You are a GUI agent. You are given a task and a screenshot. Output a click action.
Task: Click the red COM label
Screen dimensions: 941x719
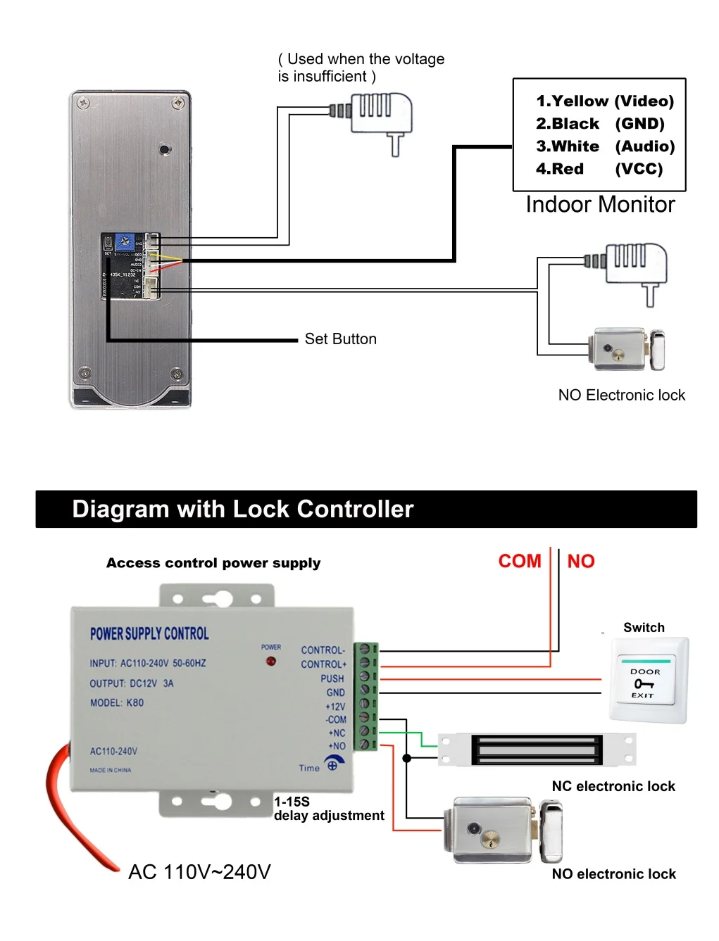tap(520, 561)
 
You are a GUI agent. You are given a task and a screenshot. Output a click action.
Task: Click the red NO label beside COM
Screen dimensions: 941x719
tap(581, 561)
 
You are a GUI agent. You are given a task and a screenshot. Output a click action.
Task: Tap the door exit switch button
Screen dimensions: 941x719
tap(646, 681)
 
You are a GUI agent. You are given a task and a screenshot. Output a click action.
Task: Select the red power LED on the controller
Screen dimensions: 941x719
tap(270, 662)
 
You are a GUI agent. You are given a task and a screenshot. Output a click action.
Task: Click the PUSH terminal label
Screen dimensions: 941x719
tap(332, 678)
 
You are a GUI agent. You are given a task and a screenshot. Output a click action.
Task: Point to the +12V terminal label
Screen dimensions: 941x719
tap(335, 707)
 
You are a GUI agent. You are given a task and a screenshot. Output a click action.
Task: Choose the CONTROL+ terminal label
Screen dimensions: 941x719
tap(324, 664)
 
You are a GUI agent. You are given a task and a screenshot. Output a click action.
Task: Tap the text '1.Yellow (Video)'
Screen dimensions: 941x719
tap(604, 101)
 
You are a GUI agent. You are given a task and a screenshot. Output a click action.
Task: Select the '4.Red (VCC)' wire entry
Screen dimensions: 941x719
tap(599, 169)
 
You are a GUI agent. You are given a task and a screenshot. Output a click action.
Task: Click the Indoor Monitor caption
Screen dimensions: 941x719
tap(600, 205)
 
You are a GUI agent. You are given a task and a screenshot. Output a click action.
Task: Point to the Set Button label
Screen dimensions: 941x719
tap(340, 339)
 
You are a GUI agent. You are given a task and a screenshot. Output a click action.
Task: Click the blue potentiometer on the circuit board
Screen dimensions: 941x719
tap(125, 242)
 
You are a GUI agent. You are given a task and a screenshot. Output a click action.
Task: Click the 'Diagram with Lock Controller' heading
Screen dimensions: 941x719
tap(242, 509)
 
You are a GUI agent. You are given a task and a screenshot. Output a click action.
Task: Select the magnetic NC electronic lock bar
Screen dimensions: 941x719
tap(537, 750)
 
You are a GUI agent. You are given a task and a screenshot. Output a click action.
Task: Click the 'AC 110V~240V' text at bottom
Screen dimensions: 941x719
tap(199, 872)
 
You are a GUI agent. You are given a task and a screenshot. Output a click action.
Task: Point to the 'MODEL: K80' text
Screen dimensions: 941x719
tap(117, 702)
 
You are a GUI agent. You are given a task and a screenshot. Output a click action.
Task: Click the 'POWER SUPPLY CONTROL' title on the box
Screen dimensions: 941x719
tap(149, 633)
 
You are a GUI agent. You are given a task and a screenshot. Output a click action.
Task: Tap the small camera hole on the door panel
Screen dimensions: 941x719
tap(164, 149)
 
